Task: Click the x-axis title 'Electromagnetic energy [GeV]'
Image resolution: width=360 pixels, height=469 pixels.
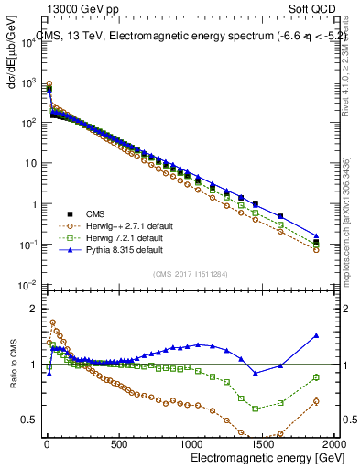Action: [262, 456]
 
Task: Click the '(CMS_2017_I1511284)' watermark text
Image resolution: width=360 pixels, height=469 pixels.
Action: [190, 272]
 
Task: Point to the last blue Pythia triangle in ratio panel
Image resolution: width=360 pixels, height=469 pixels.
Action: [316, 335]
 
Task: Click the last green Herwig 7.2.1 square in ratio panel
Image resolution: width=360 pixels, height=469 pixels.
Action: [316, 377]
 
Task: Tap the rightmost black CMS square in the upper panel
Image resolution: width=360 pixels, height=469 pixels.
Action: [316, 243]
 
